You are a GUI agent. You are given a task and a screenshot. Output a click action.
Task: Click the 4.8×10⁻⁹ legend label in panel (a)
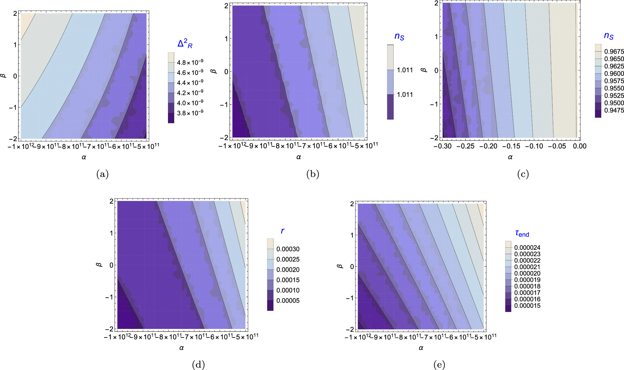point(190,62)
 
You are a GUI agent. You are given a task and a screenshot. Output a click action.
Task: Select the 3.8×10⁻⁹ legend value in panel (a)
point(190,113)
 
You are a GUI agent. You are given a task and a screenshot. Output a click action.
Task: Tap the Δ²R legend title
point(185,44)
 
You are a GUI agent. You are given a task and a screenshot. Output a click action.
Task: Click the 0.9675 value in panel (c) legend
point(614,52)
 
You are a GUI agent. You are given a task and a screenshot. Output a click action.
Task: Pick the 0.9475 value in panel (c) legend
point(614,110)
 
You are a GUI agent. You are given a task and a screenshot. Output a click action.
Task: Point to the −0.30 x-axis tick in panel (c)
point(442,146)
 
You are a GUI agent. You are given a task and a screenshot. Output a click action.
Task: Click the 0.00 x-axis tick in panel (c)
point(579,146)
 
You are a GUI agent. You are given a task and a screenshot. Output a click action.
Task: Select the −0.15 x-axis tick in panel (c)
point(511,146)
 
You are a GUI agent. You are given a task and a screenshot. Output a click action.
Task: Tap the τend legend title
point(522,234)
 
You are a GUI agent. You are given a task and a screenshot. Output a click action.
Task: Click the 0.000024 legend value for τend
point(527,248)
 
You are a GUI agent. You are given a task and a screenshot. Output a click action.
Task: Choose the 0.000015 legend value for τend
point(527,306)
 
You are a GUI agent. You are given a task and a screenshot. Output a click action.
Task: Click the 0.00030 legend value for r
point(288,249)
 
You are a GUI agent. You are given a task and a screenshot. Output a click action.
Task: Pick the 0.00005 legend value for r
point(288,301)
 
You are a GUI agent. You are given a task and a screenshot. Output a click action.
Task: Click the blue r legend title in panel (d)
point(282,231)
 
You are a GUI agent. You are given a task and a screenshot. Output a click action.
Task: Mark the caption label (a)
point(102,174)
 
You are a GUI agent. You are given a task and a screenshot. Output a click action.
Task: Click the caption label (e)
point(439,365)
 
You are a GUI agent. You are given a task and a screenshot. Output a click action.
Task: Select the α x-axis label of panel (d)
point(181,348)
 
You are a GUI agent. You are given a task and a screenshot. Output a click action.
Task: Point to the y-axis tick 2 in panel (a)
point(15,14)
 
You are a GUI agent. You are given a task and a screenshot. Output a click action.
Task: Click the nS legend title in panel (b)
point(399,36)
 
